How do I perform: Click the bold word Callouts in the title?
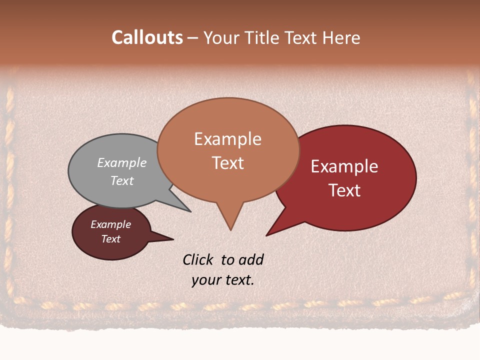click(x=147, y=37)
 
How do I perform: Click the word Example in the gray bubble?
click(x=122, y=162)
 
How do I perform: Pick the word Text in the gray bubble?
click(x=122, y=180)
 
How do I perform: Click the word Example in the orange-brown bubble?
click(x=227, y=139)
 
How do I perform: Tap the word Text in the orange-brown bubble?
click(x=228, y=163)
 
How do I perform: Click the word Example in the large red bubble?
click(x=344, y=166)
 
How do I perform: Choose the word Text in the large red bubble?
click(x=345, y=190)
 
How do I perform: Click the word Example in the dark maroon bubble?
click(x=111, y=224)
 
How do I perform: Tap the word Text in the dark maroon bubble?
click(x=111, y=239)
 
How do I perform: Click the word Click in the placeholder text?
click(x=198, y=260)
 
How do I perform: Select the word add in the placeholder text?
click(x=251, y=260)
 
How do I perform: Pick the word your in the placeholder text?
click(x=206, y=280)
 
